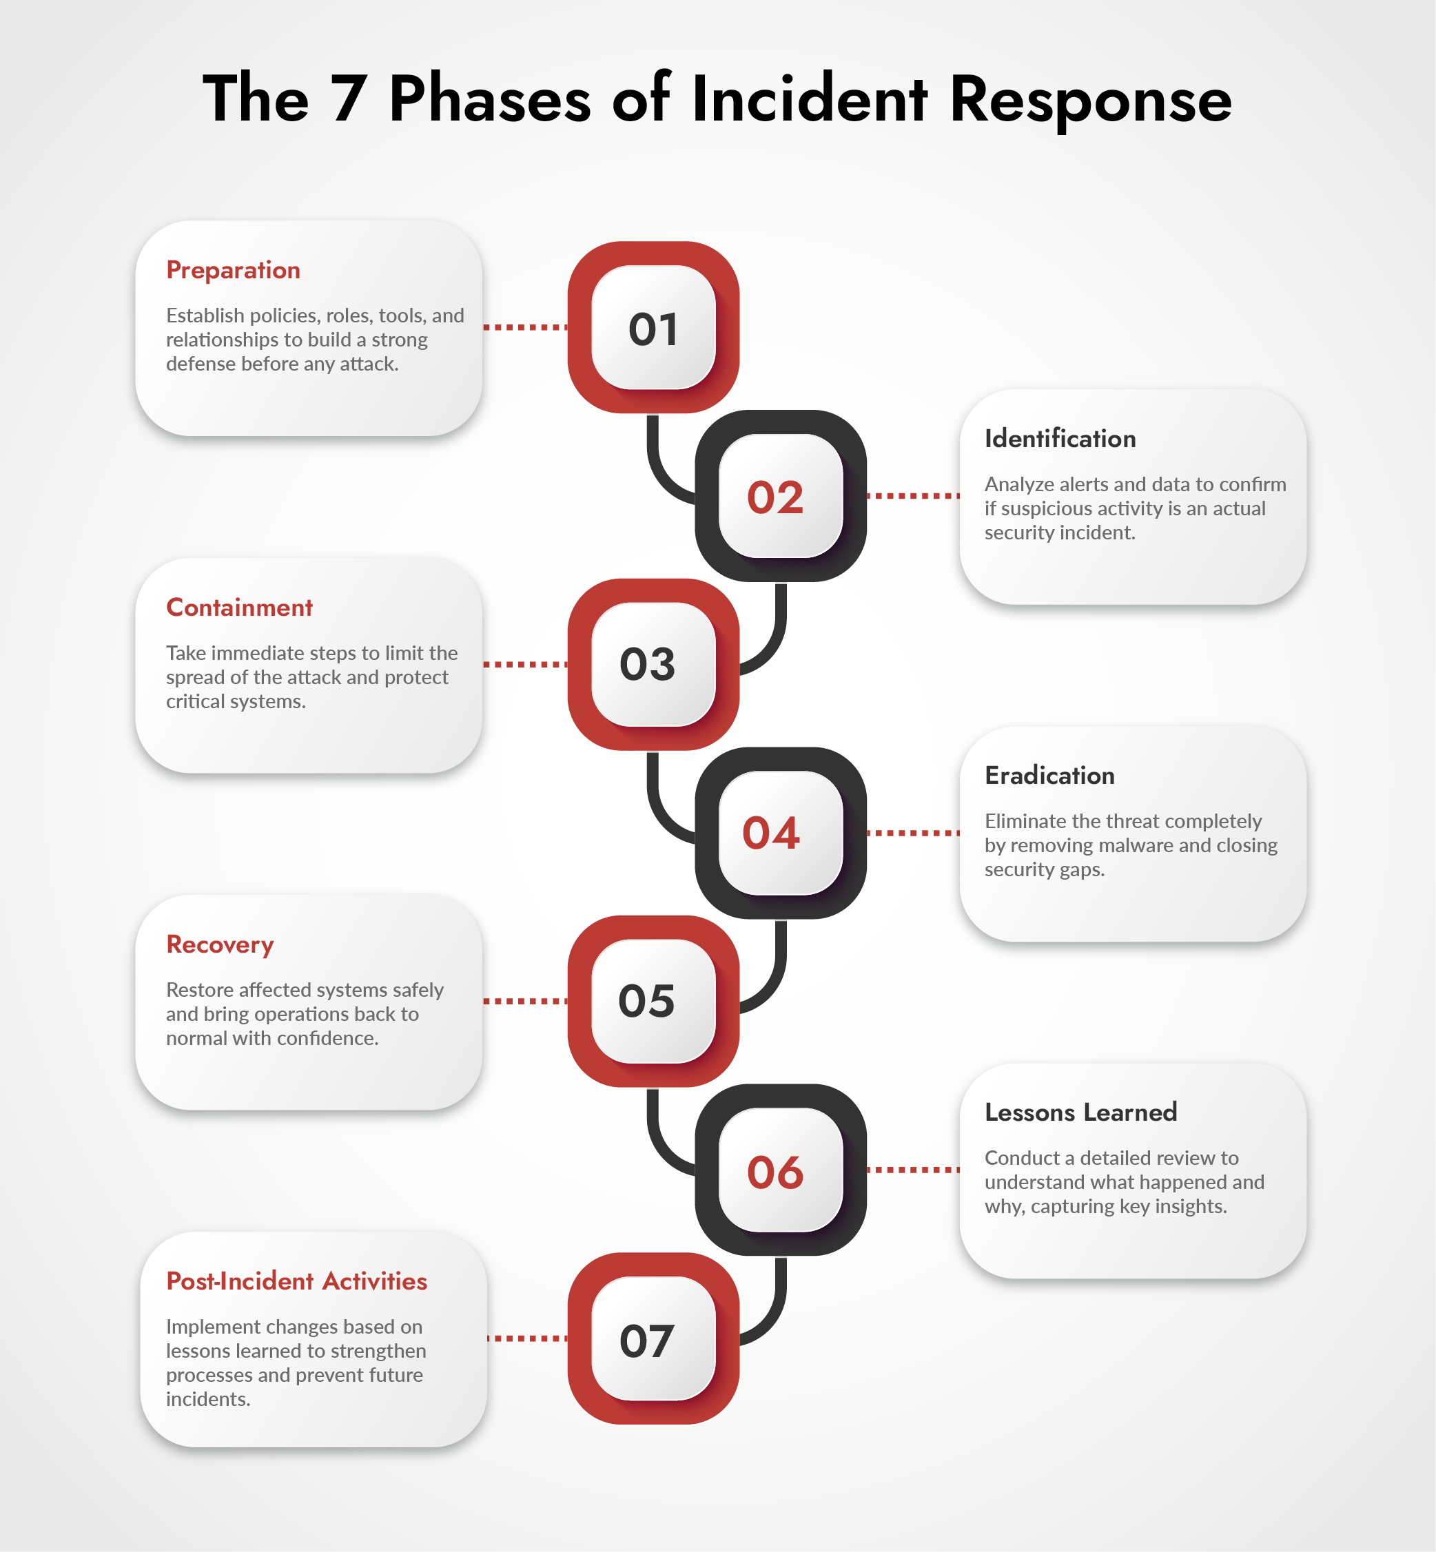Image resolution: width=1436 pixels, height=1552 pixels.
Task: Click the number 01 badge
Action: pos(653,328)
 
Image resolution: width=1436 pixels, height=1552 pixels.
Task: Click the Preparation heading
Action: pos(233,270)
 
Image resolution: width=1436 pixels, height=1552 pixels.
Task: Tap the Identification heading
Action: pos(1060,439)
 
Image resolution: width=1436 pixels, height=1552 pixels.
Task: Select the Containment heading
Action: pos(239,608)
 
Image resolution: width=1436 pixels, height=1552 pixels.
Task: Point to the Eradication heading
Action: pos(1049,775)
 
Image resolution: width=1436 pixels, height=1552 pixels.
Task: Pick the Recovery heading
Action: pos(220,944)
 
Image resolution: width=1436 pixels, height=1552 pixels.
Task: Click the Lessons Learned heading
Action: pos(1080,1113)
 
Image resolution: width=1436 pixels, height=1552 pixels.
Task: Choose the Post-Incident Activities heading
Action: pos(296,1281)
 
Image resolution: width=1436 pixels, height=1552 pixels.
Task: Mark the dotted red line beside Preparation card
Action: pos(525,328)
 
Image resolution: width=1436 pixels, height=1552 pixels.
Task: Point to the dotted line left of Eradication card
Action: pos(913,833)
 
